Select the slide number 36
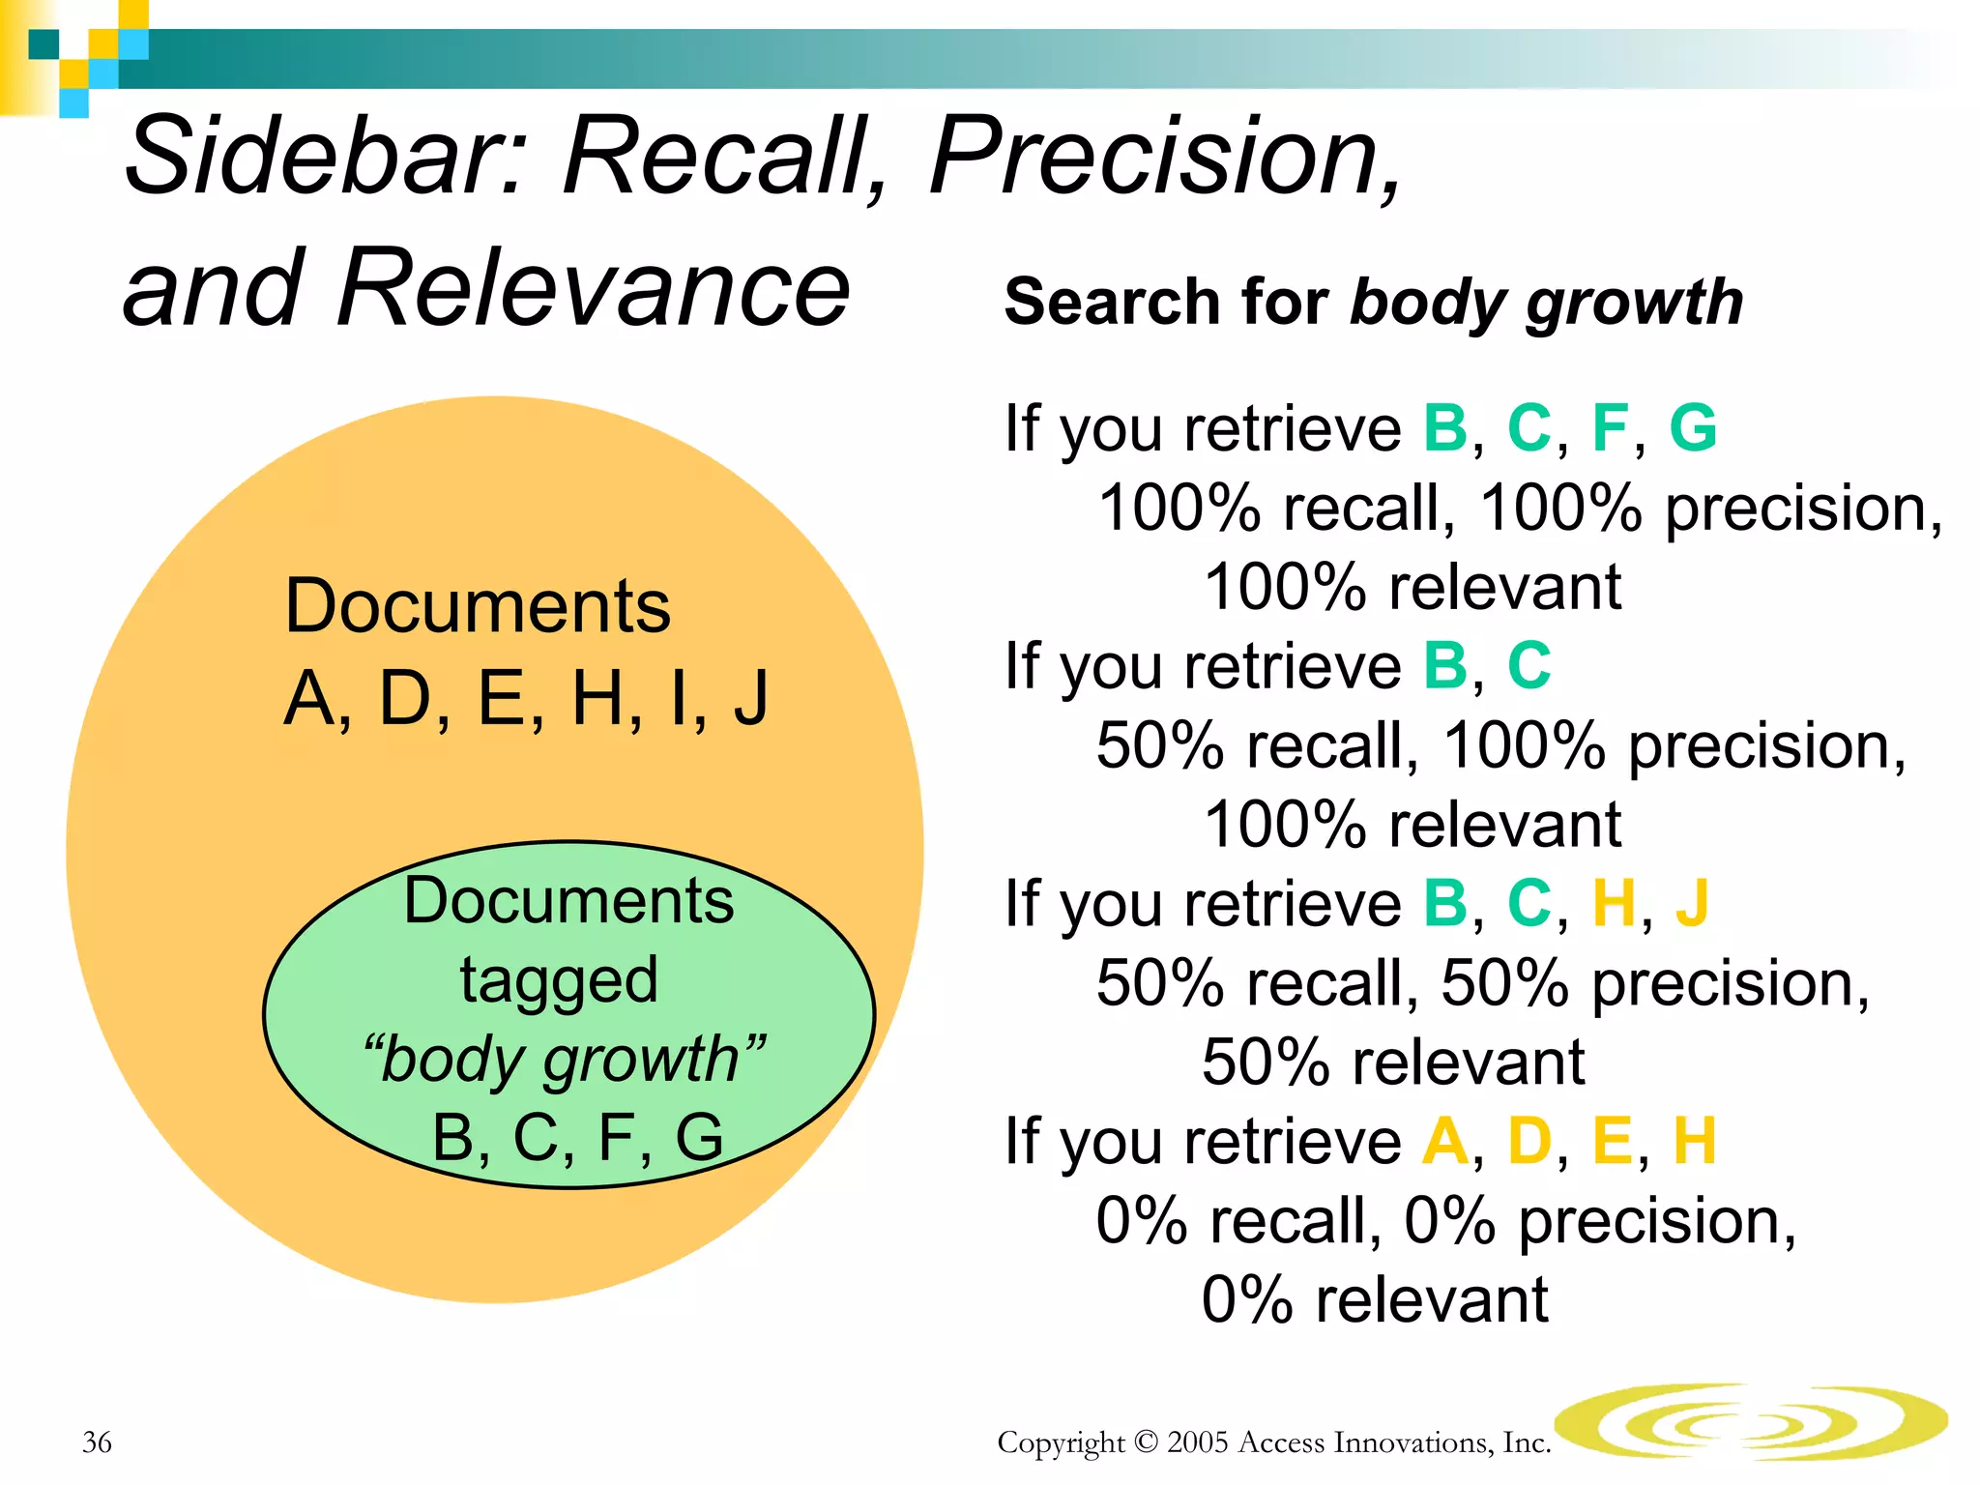coord(97,1441)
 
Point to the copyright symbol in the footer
coord(1146,1441)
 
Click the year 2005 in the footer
coord(1199,1441)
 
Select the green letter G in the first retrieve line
coord(1693,427)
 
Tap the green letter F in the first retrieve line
coord(1610,427)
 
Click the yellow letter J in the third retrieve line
coord(1692,903)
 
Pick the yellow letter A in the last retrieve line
coord(1445,1141)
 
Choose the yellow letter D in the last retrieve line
coord(1529,1141)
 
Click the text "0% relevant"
coord(1374,1299)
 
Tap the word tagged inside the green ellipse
coord(559,980)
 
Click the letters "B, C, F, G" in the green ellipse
coord(577,1137)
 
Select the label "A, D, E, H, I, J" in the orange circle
coord(526,698)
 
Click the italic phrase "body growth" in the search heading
coord(1547,303)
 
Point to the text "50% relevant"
coord(1393,1062)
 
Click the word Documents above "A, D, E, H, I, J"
coord(478,607)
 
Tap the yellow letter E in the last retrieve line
coord(1612,1141)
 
